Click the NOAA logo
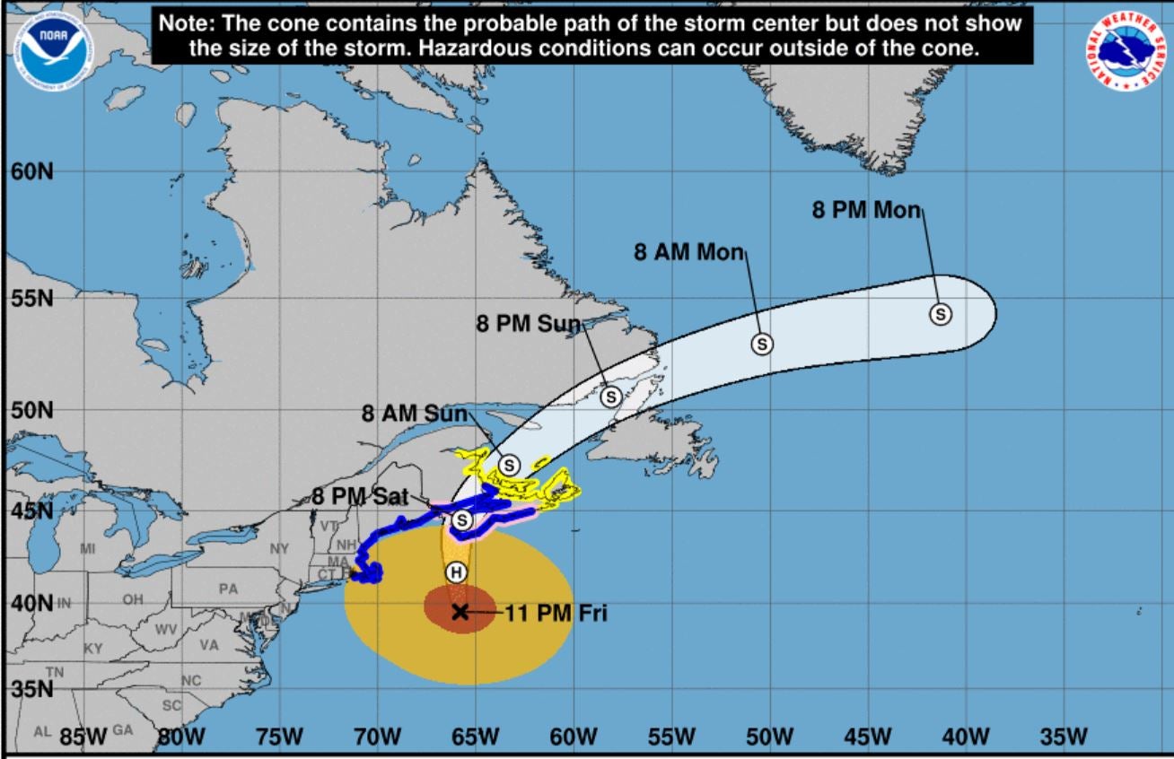51,50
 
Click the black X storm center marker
460,612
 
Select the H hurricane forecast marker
456,571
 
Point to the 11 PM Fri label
556,614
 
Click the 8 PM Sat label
361,496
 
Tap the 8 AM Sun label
415,414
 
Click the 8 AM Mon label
689,252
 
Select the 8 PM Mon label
867,210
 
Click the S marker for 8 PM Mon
940,314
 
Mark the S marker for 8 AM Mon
762,343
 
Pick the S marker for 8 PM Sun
610,396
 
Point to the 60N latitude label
32,170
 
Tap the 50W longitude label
769,737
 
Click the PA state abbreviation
229,589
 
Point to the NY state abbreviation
279,547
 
